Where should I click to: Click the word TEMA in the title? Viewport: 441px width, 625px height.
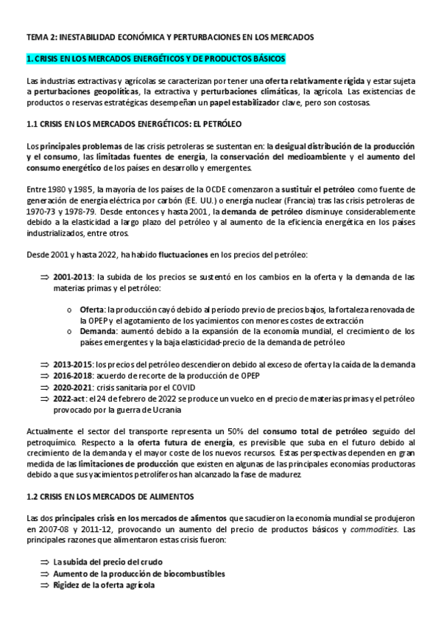pos(36,35)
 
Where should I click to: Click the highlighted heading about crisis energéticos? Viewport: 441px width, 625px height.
pos(155,58)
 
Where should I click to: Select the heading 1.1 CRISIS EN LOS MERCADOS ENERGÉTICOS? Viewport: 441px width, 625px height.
pos(133,125)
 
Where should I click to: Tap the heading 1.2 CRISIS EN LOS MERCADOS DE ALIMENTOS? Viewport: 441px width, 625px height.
pos(127,477)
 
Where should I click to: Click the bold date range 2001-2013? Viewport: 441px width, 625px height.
pos(74,278)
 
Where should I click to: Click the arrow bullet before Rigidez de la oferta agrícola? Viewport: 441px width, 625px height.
pos(44,585)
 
